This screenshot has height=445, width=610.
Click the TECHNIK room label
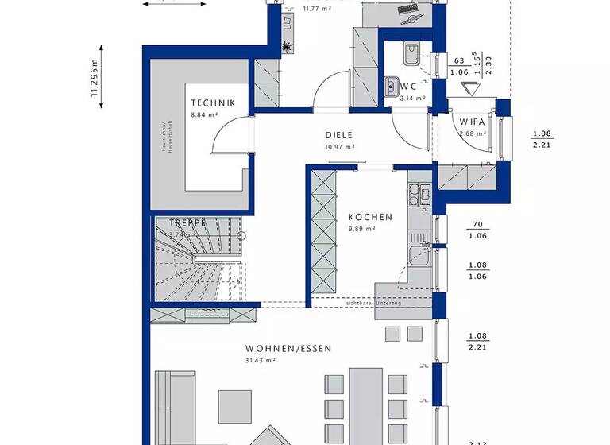pos(212,103)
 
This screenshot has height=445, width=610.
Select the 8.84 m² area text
pos(204,115)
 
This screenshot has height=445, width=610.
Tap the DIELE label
pos(338,135)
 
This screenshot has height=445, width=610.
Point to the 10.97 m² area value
pos(338,147)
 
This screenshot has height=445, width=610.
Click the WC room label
pos(408,86)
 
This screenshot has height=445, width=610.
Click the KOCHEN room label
pos(370,217)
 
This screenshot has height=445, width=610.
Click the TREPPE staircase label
pos(182,224)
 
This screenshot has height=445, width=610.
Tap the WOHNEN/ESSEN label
pos(288,349)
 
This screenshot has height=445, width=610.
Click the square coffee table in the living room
pos(236,404)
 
